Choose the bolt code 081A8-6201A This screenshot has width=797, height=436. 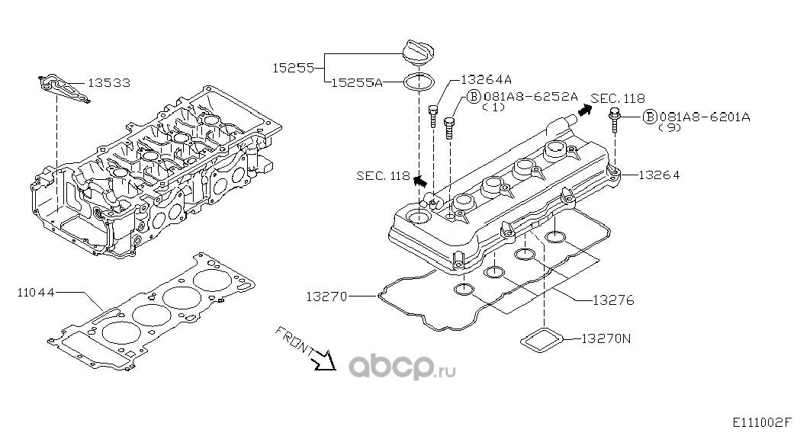coord(705,117)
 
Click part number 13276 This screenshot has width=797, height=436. coord(612,300)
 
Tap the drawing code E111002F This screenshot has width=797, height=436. coord(763,422)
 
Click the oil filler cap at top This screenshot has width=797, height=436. coord(416,56)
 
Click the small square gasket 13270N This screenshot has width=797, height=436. coord(543,340)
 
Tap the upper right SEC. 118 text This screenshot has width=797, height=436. coord(619,98)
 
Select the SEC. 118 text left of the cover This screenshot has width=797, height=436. coord(383,176)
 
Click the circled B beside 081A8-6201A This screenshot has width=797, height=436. coord(649,117)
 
